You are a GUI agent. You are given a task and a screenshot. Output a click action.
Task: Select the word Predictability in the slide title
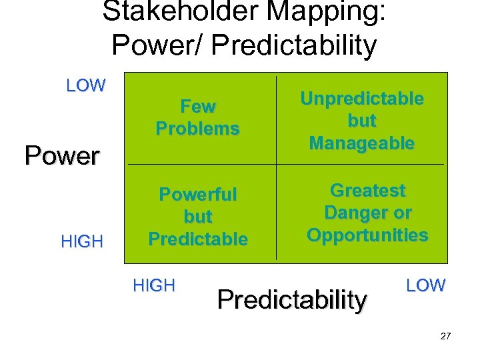tap(285, 45)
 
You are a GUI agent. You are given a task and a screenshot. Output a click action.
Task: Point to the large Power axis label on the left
tap(62, 155)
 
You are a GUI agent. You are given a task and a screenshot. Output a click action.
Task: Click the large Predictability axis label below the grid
tap(292, 300)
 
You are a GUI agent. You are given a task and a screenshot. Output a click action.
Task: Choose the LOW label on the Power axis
tap(86, 85)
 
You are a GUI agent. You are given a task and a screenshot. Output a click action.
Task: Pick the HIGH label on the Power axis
tap(82, 241)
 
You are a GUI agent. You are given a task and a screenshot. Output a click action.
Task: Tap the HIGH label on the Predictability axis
tap(154, 285)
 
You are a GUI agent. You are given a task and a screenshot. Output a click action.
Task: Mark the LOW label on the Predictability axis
tap(425, 285)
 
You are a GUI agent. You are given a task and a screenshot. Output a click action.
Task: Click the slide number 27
tap(445, 336)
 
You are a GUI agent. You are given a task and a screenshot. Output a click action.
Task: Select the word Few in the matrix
tap(198, 107)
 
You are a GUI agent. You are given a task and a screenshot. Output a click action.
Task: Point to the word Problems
tap(198, 129)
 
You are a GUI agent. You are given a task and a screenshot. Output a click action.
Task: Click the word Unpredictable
tap(362, 99)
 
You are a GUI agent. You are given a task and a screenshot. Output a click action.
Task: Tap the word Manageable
tap(362, 143)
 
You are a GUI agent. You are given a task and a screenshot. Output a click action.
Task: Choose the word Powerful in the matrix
tap(198, 195)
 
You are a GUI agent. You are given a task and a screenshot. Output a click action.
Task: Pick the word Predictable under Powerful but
tap(198, 239)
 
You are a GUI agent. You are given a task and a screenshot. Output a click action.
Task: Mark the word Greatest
tap(368, 191)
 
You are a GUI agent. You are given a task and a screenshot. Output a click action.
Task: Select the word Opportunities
tap(368, 235)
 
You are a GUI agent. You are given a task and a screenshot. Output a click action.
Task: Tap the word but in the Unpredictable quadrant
tap(362, 121)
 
